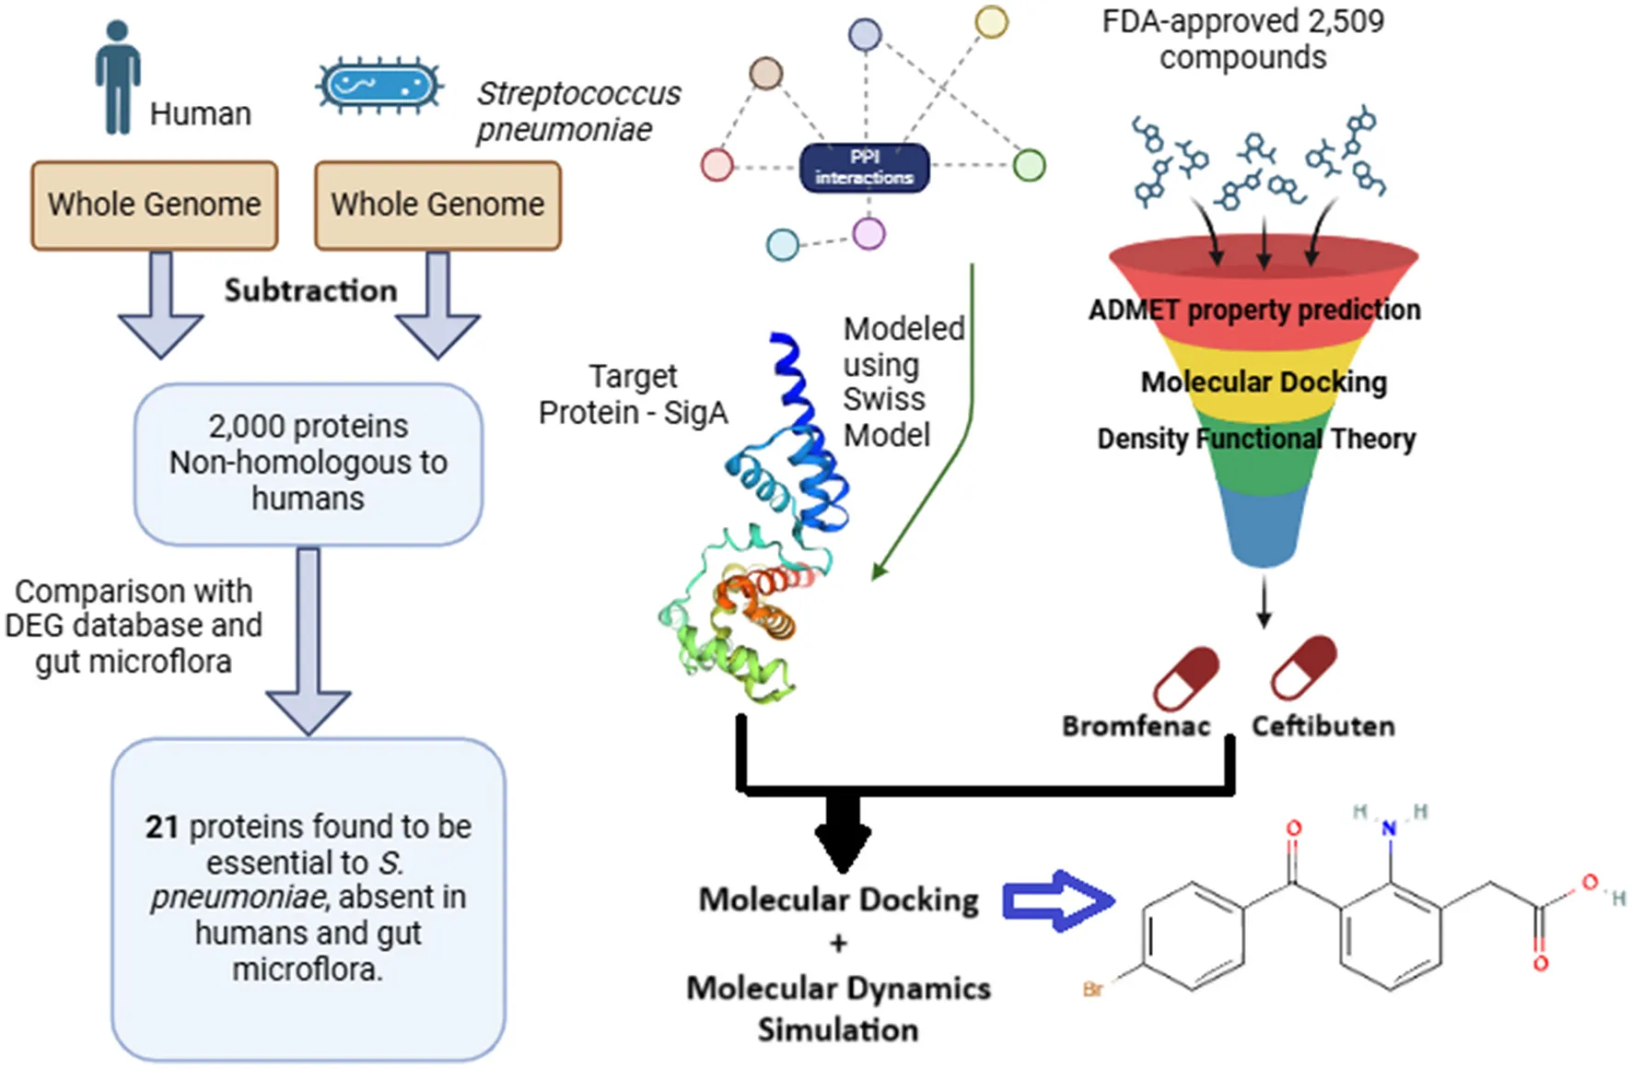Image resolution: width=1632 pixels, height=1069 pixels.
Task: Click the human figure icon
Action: (117, 77)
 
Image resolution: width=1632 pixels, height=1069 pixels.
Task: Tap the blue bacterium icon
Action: (379, 88)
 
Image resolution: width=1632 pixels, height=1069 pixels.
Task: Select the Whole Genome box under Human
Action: (155, 205)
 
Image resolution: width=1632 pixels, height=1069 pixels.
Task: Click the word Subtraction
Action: (310, 290)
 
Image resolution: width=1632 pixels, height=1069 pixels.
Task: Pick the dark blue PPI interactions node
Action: (864, 168)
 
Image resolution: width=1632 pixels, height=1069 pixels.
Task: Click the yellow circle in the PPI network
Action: (991, 22)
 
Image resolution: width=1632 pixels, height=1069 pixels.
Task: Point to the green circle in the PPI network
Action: (1029, 166)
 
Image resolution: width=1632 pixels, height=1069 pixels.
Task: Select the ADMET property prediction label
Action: (1254, 310)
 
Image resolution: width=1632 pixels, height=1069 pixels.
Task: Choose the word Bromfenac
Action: (1136, 726)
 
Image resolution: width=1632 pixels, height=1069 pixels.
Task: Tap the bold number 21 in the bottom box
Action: (161, 827)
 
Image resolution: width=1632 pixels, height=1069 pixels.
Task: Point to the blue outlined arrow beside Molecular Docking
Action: (1057, 900)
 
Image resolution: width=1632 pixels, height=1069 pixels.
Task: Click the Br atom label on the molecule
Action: (1093, 990)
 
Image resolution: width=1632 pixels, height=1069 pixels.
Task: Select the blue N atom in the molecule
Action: (1389, 829)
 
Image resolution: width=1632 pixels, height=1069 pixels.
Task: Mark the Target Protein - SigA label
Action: (634, 394)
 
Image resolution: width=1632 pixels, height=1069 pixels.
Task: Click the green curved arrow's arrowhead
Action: (879, 571)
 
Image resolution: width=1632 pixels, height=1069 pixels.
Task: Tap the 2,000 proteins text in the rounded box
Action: (308, 427)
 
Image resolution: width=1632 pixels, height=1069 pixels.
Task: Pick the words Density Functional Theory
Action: (1256, 439)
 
